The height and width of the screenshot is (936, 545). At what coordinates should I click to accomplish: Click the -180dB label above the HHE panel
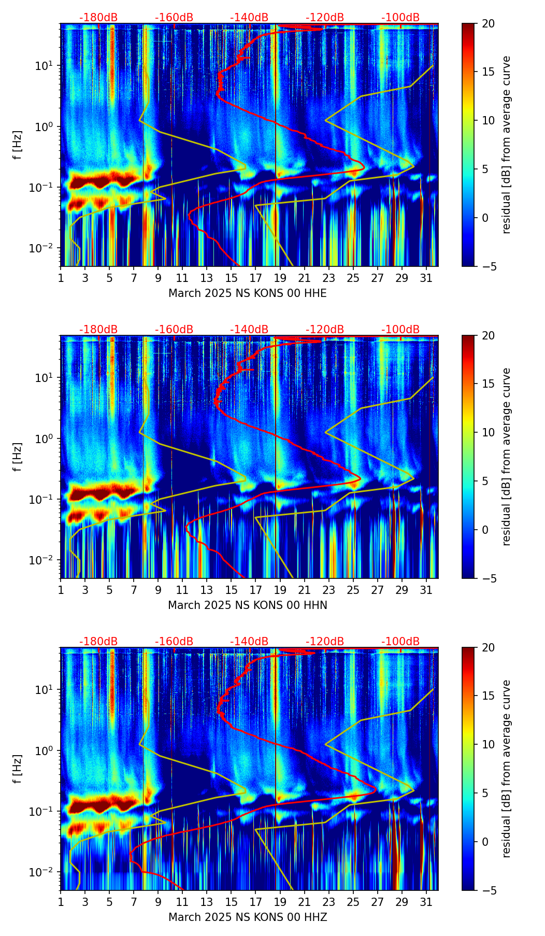tap(98, 18)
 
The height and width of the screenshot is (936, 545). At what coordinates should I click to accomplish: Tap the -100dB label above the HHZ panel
tap(400, 642)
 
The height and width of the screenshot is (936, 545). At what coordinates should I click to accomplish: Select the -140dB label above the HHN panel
tap(249, 330)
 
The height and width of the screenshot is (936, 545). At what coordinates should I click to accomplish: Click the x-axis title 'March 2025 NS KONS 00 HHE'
tap(248, 293)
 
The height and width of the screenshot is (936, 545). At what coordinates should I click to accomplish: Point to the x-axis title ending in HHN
tap(248, 605)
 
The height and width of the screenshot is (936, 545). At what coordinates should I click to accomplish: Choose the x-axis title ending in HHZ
tap(248, 917)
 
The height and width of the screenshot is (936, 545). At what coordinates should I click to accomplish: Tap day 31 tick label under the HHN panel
tap(426, 590)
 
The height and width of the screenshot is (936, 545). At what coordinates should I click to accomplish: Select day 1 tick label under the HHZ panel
tap(61, 902)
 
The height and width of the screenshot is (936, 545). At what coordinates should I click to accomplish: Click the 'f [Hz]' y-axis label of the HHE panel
tap(18, 145)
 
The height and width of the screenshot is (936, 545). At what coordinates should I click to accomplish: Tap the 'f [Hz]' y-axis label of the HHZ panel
tap(18, 769)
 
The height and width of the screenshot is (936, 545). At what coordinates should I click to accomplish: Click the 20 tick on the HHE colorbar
tap(488, 23)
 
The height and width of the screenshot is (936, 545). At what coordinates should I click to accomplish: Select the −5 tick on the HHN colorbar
tap(490, 578)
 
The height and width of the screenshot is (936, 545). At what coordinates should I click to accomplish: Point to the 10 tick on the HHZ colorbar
tap(488, 744)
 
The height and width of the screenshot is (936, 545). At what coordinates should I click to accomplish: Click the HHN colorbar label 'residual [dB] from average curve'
tap(507, 457)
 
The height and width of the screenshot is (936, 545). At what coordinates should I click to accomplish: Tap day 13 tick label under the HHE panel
tap(207, 278)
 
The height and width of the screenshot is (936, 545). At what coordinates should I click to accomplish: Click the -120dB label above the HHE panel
tap(325, 18)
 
